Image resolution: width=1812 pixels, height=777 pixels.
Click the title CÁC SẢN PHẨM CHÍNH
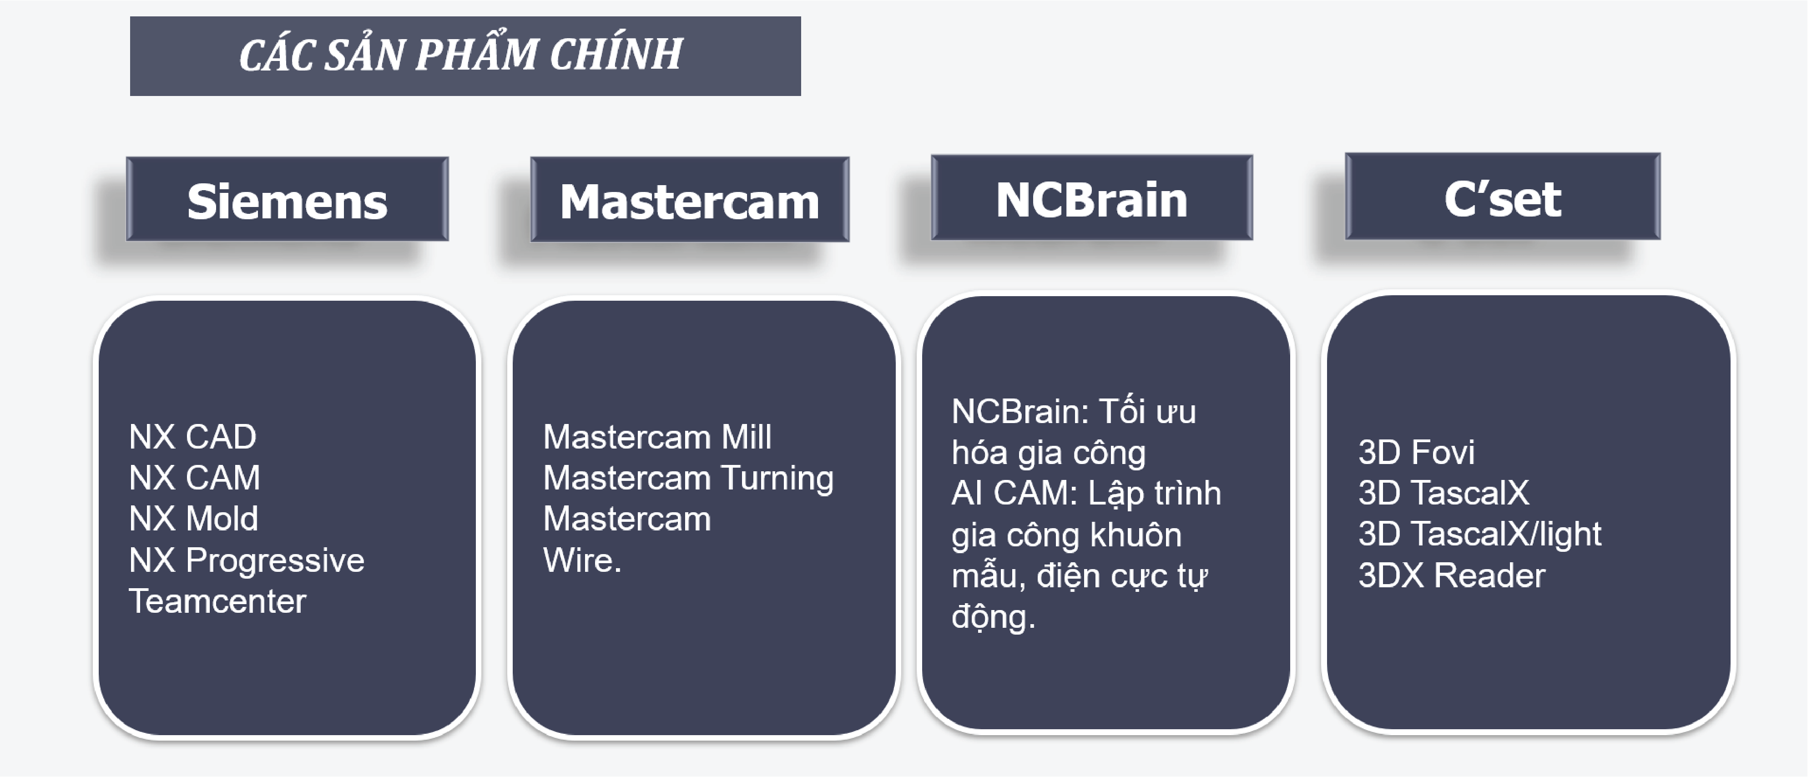coord(461,54)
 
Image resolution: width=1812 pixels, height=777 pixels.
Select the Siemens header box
coord(287,199)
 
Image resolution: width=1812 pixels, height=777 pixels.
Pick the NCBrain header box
coord(1092,197)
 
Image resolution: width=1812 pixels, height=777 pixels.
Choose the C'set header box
coord(1503,196)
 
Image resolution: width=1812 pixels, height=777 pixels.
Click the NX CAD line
coord(193,437)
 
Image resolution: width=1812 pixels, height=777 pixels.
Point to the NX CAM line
coord(195,478)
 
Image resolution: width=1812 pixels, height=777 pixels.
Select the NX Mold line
coord(193,518)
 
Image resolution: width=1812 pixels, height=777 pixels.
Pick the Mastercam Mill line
coord(657,437)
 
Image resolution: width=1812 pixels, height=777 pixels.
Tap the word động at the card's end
coord(993,617)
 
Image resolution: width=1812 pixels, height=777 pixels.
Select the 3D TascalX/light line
coord(1479,534)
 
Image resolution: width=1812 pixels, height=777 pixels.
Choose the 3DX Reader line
coord(1452,575)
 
